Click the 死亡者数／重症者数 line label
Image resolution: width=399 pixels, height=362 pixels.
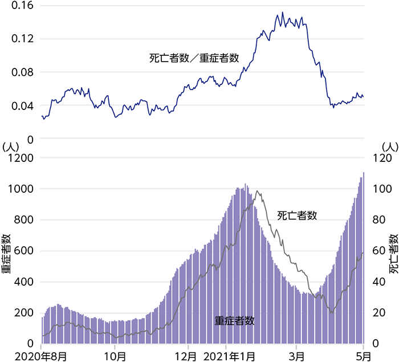[x=194, y=58]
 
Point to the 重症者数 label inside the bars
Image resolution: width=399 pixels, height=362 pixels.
[x=234, y=320]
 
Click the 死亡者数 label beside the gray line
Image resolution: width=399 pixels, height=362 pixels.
[x=297, y=215]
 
